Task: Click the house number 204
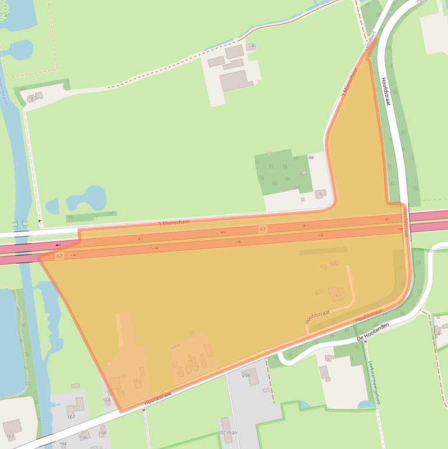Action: tap(246, 376)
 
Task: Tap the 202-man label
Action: tap(228, 432)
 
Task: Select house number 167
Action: tap(71, 416)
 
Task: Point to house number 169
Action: tap(107, 401)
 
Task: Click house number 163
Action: tap(10, 436)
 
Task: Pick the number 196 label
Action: tap(83, 437)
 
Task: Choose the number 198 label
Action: tap(103, 433)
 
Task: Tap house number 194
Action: tap(63, 444)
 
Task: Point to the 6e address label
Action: tap(311, 157)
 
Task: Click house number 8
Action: tap(31, 99)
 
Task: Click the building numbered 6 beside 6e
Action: tap(320, 194)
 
